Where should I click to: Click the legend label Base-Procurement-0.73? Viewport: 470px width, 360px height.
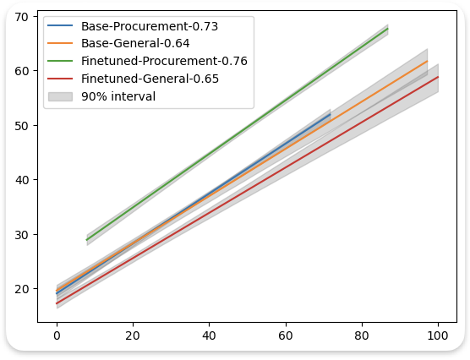(x=150, y=26)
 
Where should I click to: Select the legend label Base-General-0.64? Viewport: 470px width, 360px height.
(x=135, y=43)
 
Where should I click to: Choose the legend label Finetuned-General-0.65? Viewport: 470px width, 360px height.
(x=150, y=79)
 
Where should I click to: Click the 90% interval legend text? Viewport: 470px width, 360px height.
(x=118, y=96)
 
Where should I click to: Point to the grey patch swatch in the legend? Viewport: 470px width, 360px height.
(x=61, y=96)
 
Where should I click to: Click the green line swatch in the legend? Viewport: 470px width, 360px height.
(x=61, y=61)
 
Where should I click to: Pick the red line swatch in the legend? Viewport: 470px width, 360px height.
(x=61, y=79)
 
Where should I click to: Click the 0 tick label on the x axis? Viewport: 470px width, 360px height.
(x=57, y=335)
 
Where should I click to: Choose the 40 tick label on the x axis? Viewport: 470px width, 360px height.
(x=209, y=335)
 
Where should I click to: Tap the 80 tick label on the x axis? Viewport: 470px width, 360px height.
(x=362, y=335)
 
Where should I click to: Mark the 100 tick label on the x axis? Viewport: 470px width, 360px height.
(x=438, y=335)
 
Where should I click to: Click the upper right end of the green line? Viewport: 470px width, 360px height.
(x=388, y=29)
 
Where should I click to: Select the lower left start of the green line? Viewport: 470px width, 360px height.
(x=87, y=240)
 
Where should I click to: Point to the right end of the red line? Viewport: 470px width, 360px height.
(x=438, y=77)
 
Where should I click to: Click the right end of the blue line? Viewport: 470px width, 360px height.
(x=331, y=115)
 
